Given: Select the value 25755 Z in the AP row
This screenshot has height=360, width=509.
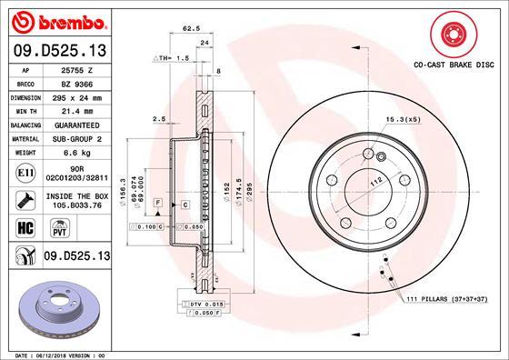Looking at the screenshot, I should click(x=73, y=69).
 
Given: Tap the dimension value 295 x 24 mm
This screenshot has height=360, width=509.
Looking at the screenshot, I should click(x=73, y=95).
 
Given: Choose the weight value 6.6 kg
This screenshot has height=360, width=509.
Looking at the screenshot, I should click(x=73, y=154).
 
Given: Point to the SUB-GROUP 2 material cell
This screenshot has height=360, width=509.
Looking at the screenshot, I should click(x=73, y=139).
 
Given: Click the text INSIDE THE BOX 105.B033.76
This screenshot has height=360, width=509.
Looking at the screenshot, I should click(x=73, y=200).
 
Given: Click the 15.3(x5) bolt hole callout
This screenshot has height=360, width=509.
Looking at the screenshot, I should click(x=403, y=119).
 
